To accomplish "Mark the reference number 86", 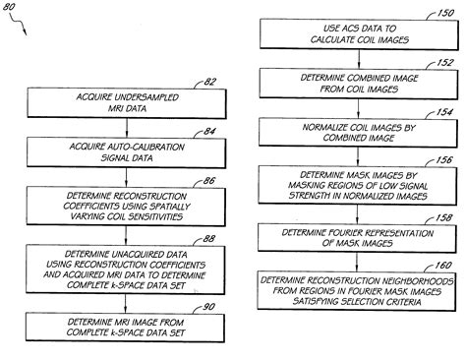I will click(x=209, y=183).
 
